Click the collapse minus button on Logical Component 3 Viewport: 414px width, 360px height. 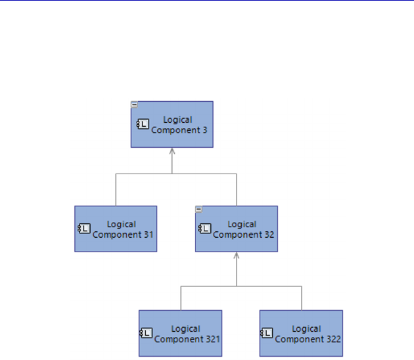point(134,104)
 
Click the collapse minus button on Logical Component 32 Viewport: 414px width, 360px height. point(198,209)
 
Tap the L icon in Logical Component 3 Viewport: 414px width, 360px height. point(143,125)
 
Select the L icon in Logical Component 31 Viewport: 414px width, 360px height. point(84,229)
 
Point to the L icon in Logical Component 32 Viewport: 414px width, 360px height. point(205,229)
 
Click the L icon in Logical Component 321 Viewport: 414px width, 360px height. point(146,334)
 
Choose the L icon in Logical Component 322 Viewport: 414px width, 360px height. point(267,334)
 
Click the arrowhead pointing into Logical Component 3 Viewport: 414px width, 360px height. point(172,150)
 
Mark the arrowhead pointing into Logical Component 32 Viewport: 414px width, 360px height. point(237,255)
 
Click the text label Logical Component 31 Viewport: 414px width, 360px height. point(122,229)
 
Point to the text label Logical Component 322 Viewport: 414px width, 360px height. point(308,334)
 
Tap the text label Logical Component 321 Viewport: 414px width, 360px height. point(187,334)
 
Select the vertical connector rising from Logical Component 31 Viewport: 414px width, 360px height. point(116,191)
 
